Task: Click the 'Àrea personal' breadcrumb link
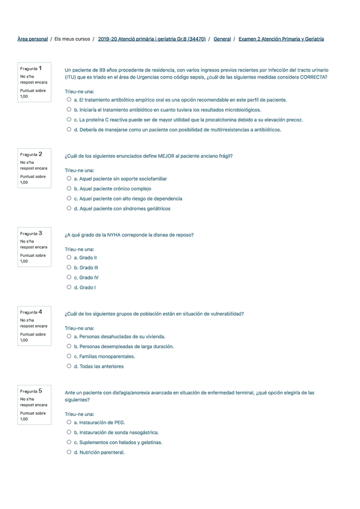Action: pyautogui.click(x=33, y=39)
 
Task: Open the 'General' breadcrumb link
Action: pyautogui.click(x=222, y=39)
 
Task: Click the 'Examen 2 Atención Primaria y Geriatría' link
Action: pyautogui.click(x=281, y=39)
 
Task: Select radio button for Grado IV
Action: pyautogui.click(x=69, y=277)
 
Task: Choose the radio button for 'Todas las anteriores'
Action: pyautogui.click(x=69, y=366)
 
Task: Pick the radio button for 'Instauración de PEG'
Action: pyautogui.click(x=69, y=423)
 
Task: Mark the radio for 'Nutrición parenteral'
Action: pyautogui.click(x=69, y=452)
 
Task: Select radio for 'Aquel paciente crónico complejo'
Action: pyautogui.click(x=69, y=188)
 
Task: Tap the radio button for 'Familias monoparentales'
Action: pyautogui.click(x=69, y=356)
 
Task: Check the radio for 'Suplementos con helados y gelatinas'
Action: pyautogui.click(x=69, y=442)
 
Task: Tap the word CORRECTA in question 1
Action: pyautogui.click(x=313, y=77)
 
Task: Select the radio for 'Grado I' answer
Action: pyautogui.click(x=69, y=288)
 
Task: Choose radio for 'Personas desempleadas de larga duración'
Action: pyautogui.click(x=69, y=346)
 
